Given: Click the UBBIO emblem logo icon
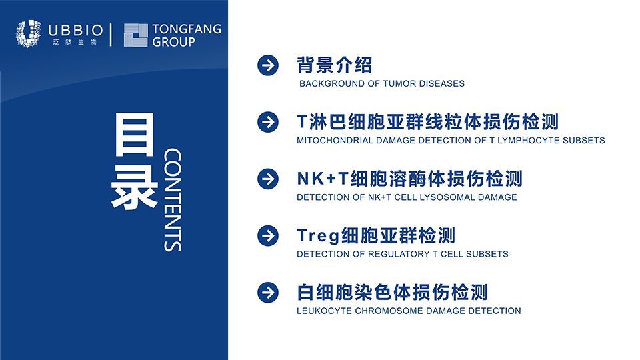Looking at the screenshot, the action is click(29, 33).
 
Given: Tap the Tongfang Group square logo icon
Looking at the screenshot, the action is click(135, 35).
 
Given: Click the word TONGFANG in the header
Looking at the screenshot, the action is click(187, 29).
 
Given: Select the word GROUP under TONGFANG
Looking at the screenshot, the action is click(174, 41).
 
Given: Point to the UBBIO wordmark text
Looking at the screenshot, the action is click(75, 30).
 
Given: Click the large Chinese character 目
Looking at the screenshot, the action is click(135, 135).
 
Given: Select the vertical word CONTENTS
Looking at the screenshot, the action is click(173, 199).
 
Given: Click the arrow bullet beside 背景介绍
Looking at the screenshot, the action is click(268, 65).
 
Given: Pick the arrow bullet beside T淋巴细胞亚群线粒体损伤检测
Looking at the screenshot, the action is click(268, 122).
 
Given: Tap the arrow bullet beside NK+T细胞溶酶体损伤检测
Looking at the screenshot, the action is click(268, 179).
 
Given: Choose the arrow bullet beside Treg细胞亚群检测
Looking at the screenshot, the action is click(268, 235).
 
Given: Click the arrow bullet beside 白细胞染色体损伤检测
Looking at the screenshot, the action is click(268, 292).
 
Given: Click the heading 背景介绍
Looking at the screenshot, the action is click(334, 65).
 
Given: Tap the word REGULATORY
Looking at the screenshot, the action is click(399, 254).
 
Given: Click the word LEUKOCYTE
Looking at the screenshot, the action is click(325, 311).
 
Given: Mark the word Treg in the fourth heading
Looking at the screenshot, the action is click(319, 236).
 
